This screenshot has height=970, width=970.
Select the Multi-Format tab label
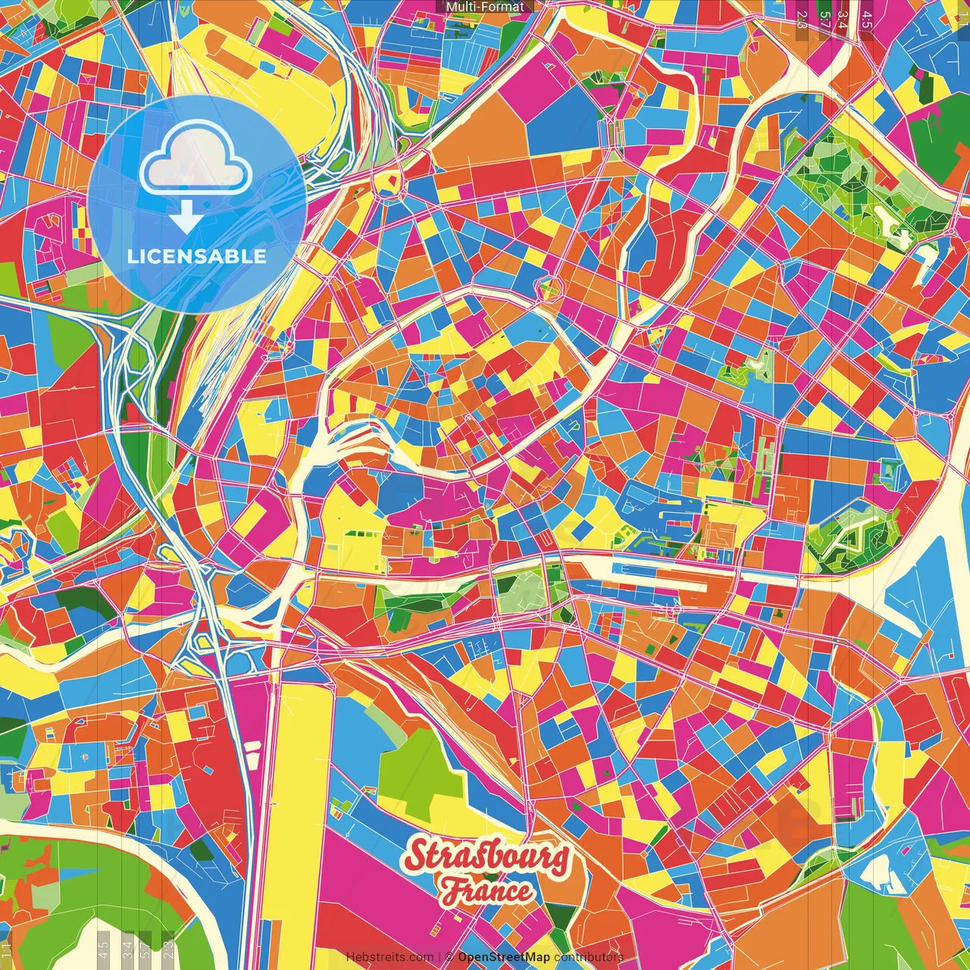pyautogui.click(x=485, y=7)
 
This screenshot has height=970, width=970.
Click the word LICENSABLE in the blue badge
pyautogui.click(x=197, y=256)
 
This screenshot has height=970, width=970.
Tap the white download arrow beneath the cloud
pyautogui.click(x=185, y=219)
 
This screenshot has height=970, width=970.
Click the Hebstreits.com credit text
pyautogui.click(x=390, y=957)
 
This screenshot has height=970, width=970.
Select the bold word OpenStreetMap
pyautogui.click(x=503, y=957)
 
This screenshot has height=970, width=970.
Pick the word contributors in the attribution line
pyautogui.click(x=588, y=957)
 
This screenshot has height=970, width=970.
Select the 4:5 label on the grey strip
pyautogui.click(x=104, y=947)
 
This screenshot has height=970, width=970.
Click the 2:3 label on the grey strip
pyautogui.click(x=169, y=947)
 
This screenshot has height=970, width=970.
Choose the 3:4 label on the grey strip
pyautogui.click(x=127, y=947)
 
